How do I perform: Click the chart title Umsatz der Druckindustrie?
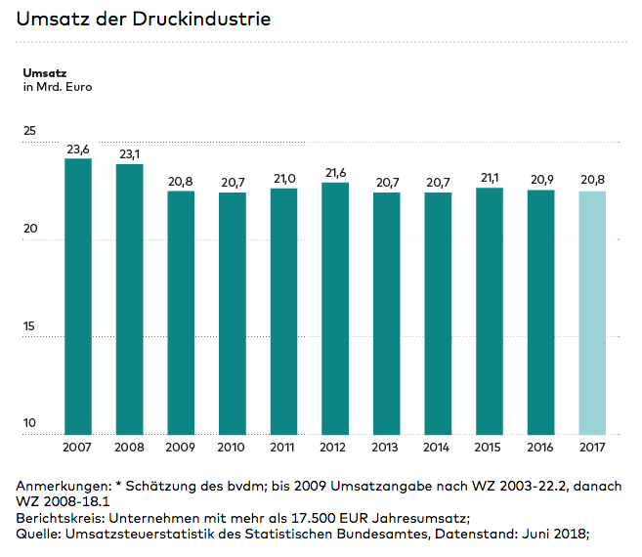tap(144, 19)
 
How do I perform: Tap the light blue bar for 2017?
tap(592, 313)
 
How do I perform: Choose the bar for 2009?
tap(181, 313)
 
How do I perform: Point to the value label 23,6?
tap(78, 150)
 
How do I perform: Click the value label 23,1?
tap(130, 154)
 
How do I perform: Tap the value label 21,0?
tap(283, 179)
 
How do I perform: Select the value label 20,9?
tap(540, 180)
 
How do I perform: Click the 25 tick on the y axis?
tap(29, 131)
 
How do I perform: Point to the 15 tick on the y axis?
tap(29, 326)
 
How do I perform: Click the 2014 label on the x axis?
tap(438, 448)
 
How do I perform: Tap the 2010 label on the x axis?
tap(233, 448)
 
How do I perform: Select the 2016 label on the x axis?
tap(540, 448)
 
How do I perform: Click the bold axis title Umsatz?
tap(44, 72)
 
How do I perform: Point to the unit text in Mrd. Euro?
tap(57, 88)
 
